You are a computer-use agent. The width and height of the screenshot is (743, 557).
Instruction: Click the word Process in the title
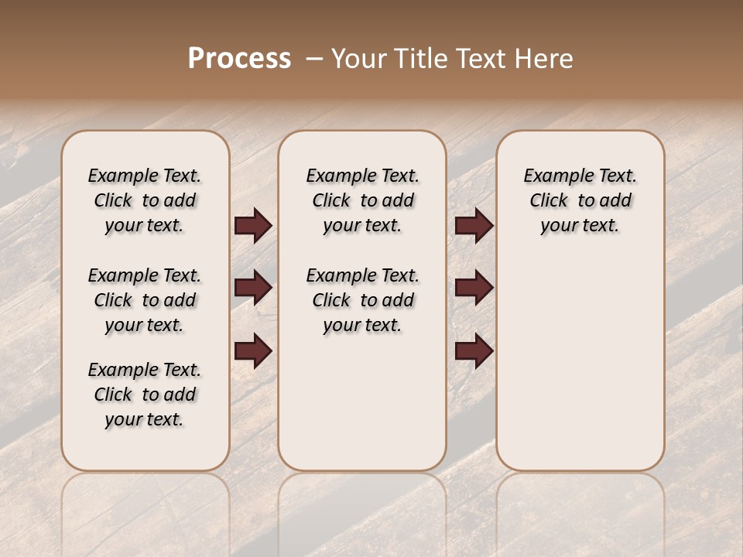tap(239, 59)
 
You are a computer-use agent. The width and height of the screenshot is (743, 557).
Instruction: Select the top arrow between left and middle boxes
tap(253, 226)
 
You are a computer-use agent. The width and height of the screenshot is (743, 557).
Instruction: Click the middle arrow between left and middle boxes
tap(253, 289)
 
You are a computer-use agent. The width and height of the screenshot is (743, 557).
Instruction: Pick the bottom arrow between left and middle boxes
tap(253, 352)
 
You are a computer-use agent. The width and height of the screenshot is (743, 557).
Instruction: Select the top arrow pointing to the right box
tap(474, 226)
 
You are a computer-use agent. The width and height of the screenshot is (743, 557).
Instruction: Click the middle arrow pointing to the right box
tap(474, 289)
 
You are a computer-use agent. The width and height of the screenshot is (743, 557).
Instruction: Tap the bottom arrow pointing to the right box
tap(474, 352)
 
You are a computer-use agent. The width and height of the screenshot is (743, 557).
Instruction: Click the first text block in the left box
tap(145, 200)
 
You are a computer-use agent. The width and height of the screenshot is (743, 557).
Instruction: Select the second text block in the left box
tap(145, 300)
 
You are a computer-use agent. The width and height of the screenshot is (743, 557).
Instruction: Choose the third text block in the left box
tap(145, 395)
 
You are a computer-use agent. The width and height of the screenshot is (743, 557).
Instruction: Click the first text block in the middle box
tap(362, 200)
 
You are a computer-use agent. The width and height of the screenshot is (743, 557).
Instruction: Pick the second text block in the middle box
tap(362, 300)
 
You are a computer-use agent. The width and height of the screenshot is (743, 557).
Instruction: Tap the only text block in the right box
tap(580, 200)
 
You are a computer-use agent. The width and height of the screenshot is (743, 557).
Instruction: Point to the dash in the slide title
tap(314, 59)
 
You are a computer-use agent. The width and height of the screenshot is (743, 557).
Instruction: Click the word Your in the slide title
tap(359, 59)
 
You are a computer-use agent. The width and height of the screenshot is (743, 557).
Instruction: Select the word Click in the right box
tap(549, 201)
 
